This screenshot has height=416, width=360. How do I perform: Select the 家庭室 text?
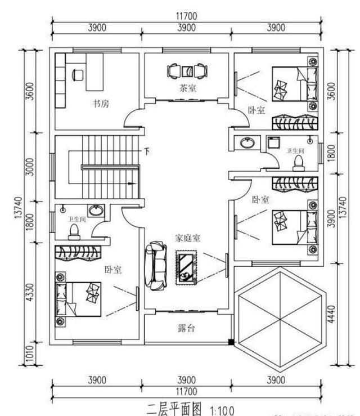pyautogui.click(x=187, y=238)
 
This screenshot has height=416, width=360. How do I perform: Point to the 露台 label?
pyautogui.click(x=187, y=328)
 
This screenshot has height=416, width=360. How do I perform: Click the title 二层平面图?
pyautogui.click(x=173, y=408)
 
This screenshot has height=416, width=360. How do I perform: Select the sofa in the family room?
pyautogui.click(x=156, y=264)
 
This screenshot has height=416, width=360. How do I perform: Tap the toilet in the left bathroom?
pyautogui.click(x=74, y=231)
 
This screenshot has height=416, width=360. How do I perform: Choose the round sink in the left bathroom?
pyautogui.click(x=97, y=211)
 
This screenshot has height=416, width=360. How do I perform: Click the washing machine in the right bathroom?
pyautogui.click(x=274, y=142)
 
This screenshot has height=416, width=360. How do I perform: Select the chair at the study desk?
pyautogui.click(x=78, y=74)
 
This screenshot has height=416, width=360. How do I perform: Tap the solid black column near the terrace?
pyautogui.click(x=231, y=342)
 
